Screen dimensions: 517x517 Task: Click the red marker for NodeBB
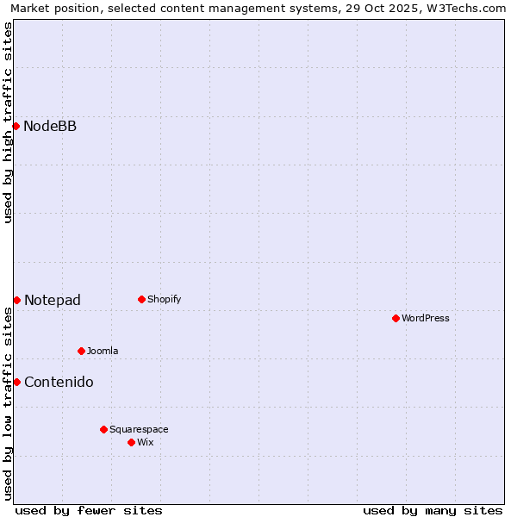(x=16, y=127)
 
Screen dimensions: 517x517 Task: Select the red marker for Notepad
(x=16, y=300)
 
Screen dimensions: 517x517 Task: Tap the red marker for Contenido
(x=16, y=382)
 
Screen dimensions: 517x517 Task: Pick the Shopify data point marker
(x=141, y=300)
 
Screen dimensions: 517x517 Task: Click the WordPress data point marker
(x=396, y=319)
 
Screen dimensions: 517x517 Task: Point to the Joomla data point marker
(x=81, y=351)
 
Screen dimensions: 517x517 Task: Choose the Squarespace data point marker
(x=103, y=429)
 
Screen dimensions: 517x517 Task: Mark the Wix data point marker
(x=131, y=442)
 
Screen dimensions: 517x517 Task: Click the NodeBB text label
(x=50, y=127)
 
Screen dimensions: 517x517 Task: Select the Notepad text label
(x=53, y=300)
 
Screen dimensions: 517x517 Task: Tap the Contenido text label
(x=59, y=382)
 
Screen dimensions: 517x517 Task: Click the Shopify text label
(x=164, y=300)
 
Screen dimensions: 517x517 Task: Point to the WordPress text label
(x=426, y=319)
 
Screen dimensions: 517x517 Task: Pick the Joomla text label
(x=103, y=351)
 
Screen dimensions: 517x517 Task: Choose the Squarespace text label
(x=139, y=429)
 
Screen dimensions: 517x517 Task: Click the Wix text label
(x=146, y=442)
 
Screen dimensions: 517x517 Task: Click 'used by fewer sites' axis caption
(x=89, y=510)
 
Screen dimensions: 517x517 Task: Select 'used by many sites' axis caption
(x=433, y=510)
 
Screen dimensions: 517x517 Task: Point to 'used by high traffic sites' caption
(x=9, y=122)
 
